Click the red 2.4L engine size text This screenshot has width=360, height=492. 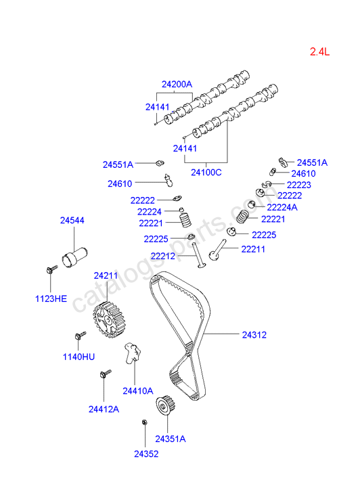coord(319,51)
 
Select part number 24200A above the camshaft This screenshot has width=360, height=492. coord(177,84)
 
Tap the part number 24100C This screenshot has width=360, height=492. coord(206,173)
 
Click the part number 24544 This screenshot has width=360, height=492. coord(72,220)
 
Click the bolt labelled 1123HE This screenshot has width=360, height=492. coord(51,269)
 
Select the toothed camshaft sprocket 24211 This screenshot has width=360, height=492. coord(108,319)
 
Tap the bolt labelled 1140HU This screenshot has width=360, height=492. coord(80,336)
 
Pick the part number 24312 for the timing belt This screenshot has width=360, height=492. coord(254,335)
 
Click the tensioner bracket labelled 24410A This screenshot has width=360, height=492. coord(133,353)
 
